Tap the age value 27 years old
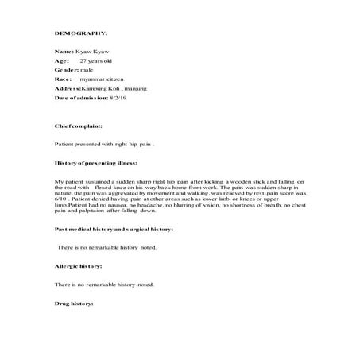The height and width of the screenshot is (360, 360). (97, 60)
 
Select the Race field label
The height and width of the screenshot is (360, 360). (63, 79)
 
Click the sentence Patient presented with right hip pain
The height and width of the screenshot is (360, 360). (103, 145)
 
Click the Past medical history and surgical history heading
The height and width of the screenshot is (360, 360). (114, 229)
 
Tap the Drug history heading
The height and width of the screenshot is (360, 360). (74, 304)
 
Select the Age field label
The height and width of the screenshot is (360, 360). (61, 60)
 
